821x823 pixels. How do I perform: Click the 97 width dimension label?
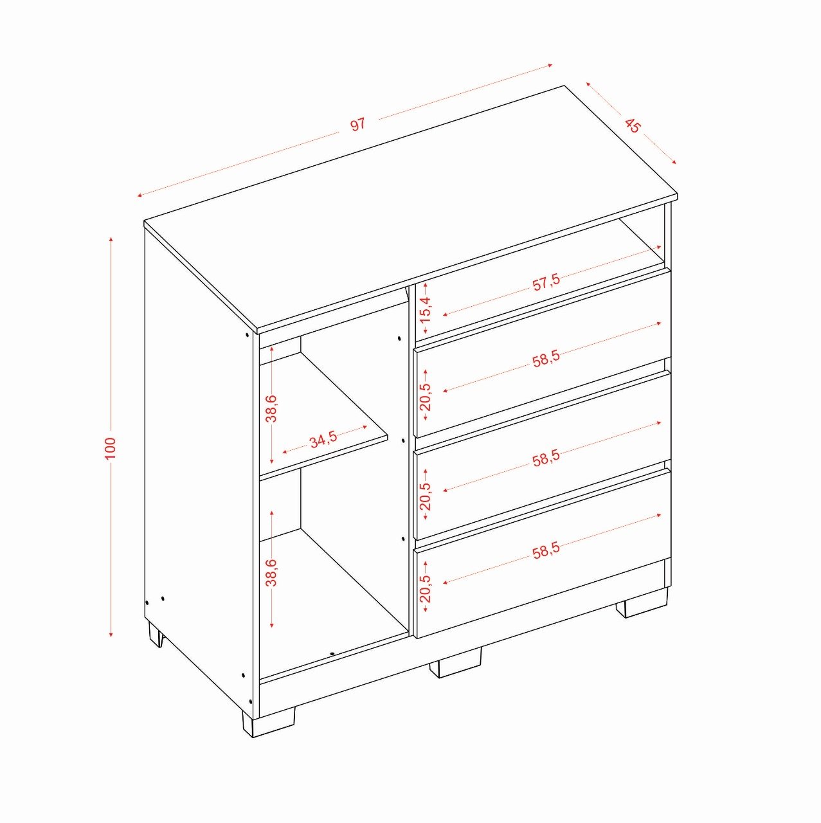click(x=358, y=124)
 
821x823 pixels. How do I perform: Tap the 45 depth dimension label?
click(x=633, y=125)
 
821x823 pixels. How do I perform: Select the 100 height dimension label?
click(x=110, y=448)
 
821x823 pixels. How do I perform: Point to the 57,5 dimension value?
click(x=546, y=283)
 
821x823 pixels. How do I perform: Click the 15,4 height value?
click(x=426, y=311)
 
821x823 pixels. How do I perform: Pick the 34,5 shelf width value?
click(x=323, y=440)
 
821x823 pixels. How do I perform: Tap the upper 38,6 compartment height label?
click(x=271, y=409)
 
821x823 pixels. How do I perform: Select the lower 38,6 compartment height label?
click(x=271, y=573)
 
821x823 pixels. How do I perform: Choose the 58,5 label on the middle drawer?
click(x=546, y=458)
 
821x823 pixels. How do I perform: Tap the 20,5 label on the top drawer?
click(x=426, y=396)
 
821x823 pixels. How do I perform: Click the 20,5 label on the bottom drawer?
click(x=426, y=588)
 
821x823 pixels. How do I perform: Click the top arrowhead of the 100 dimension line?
click(x=111, y=239)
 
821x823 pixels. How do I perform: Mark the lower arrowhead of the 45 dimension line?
click(x=674, y=161)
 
